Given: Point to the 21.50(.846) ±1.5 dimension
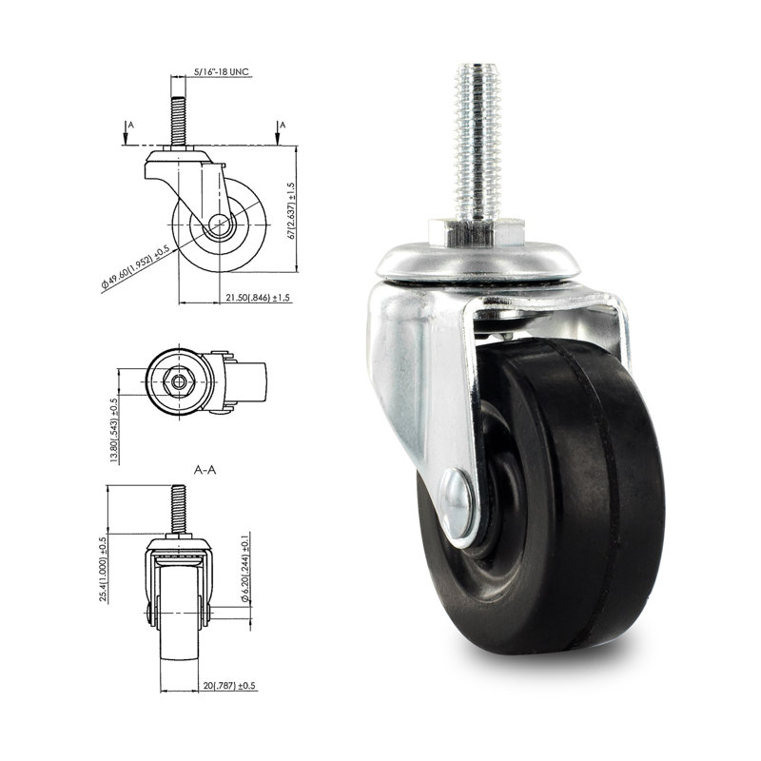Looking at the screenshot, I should click(x=258, y=298).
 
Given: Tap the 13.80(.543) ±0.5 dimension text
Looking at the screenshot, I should click(x=114, y=428).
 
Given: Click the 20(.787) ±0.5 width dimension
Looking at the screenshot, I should click(x=227, y=685).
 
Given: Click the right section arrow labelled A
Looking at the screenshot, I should click(x=279, y=134).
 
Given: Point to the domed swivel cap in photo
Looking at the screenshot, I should click(x=476, y=262).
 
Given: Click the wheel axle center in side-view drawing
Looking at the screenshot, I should click(x=221, y=226).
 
